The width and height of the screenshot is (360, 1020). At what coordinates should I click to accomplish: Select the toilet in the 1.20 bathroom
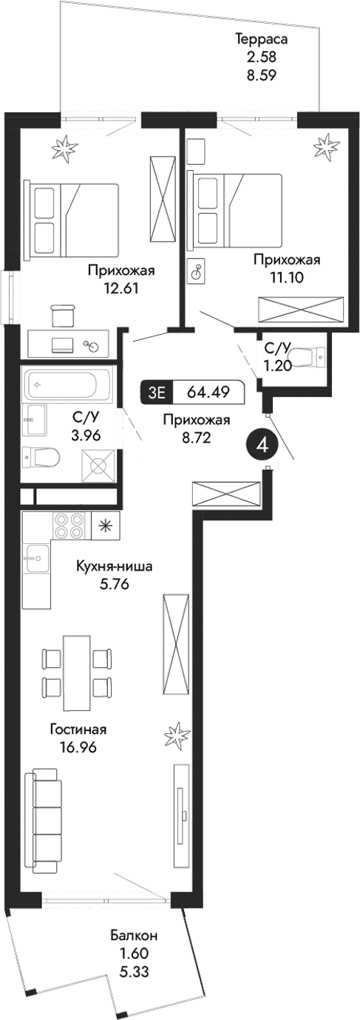point(308,358)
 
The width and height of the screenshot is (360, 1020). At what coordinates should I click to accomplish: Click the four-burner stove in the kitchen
point(70,526)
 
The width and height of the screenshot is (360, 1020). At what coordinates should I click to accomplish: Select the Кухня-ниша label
point(115,568)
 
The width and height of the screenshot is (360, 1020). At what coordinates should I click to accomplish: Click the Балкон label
point(134,935)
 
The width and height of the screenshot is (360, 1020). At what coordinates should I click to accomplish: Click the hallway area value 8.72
point(196,437)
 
